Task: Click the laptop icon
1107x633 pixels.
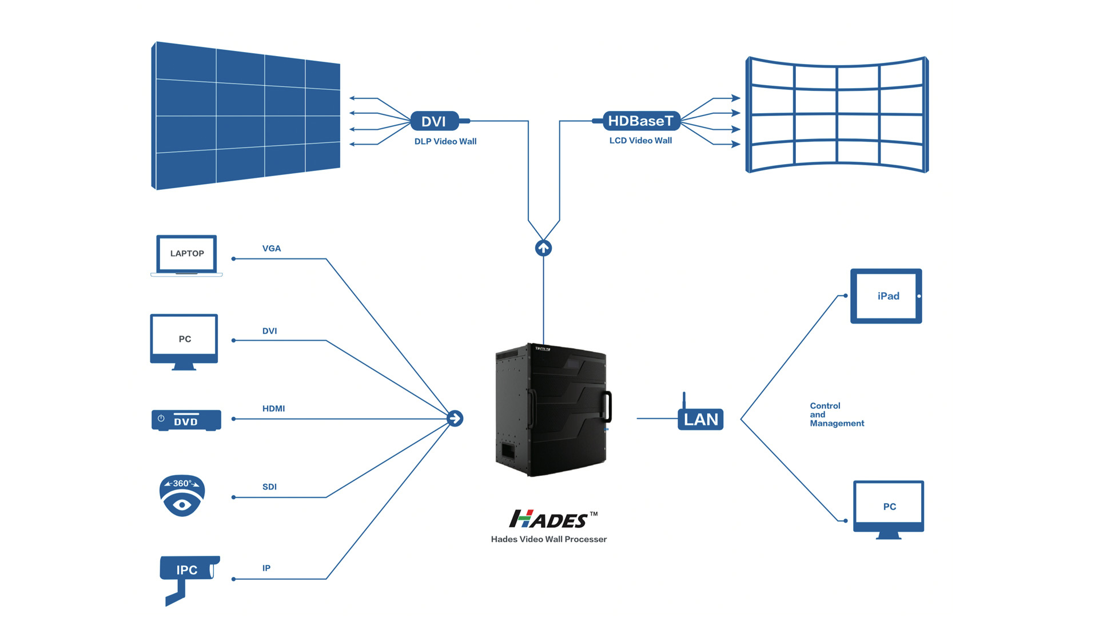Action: coord(186,256)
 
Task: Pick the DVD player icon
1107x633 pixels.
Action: coord(186,420)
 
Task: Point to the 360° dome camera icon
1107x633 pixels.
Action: coord(182,496)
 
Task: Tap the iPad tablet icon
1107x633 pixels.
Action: coord(886,296)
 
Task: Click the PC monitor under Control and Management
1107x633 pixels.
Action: coord(889,509)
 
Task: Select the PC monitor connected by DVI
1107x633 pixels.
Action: coord(184,342)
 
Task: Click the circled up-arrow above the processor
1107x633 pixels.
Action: coord(543,248)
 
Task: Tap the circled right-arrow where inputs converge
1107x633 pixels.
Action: coord(455,419)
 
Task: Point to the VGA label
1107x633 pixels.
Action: coord(272,248)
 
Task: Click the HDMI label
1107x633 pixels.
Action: coord(273,408)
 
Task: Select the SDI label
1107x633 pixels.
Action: coord(269,487)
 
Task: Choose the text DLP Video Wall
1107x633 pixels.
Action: coord(445,141)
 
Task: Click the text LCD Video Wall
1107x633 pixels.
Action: coord(640,140)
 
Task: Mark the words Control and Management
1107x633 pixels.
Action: coord(837,415)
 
